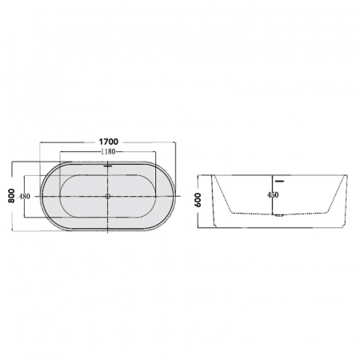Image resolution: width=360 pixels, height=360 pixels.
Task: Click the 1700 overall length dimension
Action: point(108,141)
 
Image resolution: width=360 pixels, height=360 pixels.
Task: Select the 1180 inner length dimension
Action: point(108,151)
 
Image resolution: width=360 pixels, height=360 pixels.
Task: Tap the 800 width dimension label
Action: point(11,195)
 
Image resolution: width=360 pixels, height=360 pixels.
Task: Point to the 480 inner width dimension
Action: point(24,197)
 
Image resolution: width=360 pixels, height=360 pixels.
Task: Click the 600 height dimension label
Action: point(198,200)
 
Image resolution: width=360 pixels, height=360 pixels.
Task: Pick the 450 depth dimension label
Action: point(273,195)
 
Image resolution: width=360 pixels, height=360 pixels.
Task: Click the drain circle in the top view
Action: point(108,196)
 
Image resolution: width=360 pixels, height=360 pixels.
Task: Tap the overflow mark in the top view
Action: point(108,166)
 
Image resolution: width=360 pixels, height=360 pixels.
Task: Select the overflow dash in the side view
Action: point(280,182)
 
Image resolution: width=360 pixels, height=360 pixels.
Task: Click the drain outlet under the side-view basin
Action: point(279,215)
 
